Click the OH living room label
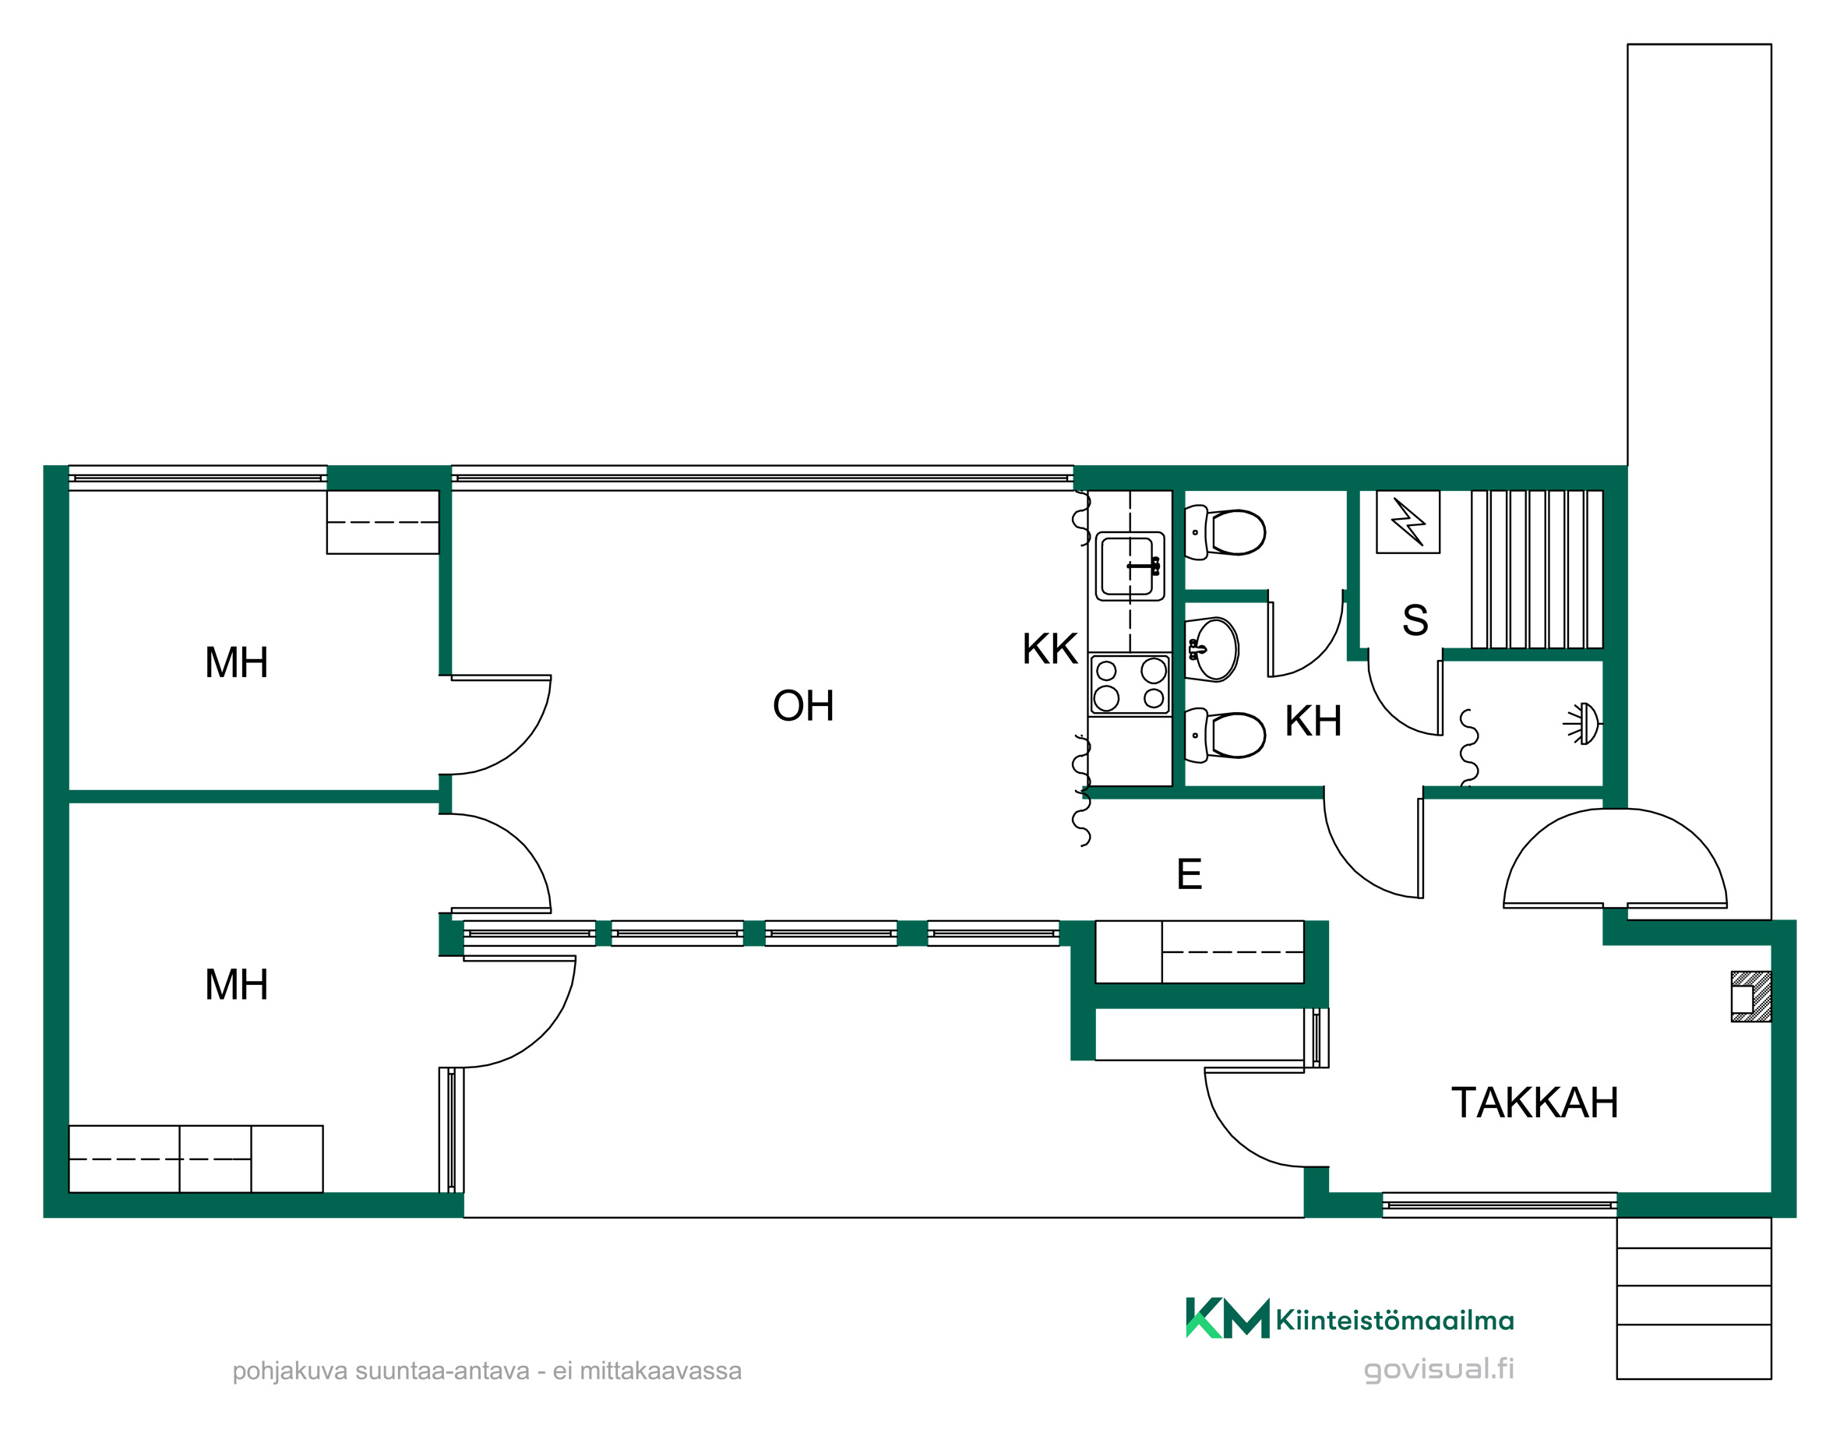tap(803, 706)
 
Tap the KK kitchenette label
tap(1050, 649)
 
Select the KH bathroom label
tap(1313, 722)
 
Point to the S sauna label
tap(1415, 620)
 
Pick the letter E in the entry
tap(1189, 873)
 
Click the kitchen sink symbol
tap(1130, 566)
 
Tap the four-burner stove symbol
tap(1130, 684)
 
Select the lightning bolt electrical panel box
tap(1408, 521)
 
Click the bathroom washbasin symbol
tap(1212, 650)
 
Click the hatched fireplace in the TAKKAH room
tap(1750, 997)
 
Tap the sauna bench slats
tap(1537, 569)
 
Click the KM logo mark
tap(1228, 1318)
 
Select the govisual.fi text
tap(1438, 1370)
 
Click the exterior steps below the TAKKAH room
tap(1694, 1298)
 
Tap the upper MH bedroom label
tap(237, 662)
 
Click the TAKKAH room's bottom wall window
tap(1500, 1205)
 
